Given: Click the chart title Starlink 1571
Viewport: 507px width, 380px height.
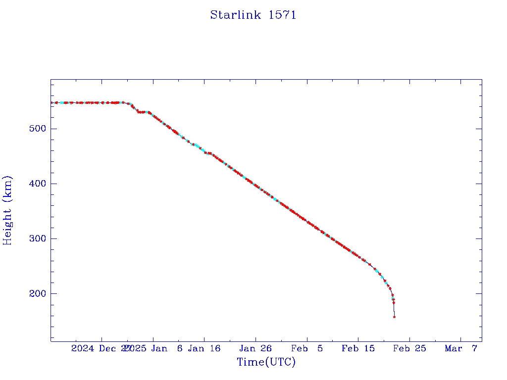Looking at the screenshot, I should tap(253, 15).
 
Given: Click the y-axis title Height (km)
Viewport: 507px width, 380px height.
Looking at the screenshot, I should tap(7, 210).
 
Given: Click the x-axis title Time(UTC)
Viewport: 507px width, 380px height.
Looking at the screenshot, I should tap(266, 362).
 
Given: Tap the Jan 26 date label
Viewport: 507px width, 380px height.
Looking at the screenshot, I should tap(255, 348).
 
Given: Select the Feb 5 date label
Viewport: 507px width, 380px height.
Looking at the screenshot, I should tap(307, 348).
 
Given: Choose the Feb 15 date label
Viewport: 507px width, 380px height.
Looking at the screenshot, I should tap(358, 348).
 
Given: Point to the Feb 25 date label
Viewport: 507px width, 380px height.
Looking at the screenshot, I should tap(410, 348).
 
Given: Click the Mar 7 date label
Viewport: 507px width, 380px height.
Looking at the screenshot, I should tap(461, 348).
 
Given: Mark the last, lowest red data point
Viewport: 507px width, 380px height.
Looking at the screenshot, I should tap(394, 317).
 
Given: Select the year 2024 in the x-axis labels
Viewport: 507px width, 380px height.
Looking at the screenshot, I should tap(83, 348).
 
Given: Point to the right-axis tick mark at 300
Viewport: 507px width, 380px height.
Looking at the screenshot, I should tap(479, 238).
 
